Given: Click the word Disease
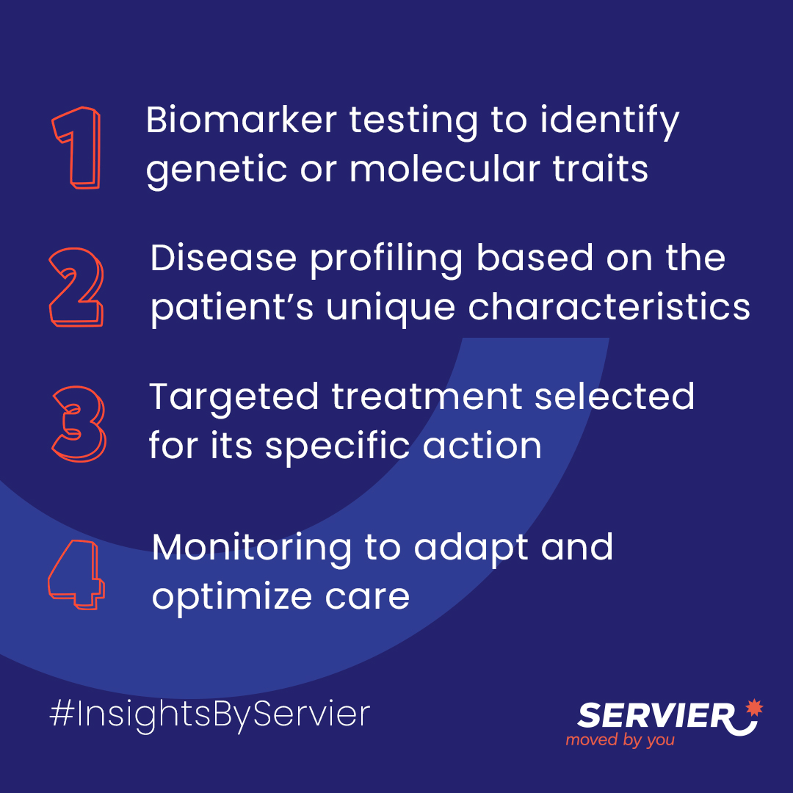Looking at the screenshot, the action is (223, 258).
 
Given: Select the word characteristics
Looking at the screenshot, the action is (609, 307).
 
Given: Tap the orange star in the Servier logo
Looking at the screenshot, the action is (754, 707).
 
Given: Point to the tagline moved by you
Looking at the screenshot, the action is (620, 740).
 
